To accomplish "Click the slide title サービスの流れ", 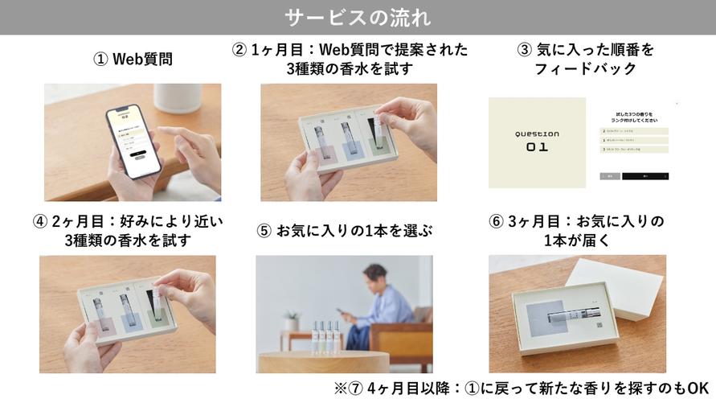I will [358, 17].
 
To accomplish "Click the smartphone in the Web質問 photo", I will [133, 141].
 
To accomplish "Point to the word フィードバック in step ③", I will [585, 69].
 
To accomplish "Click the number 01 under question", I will [537, 147].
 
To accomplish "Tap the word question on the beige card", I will [537, 134].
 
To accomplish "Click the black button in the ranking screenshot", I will [645, 175].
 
